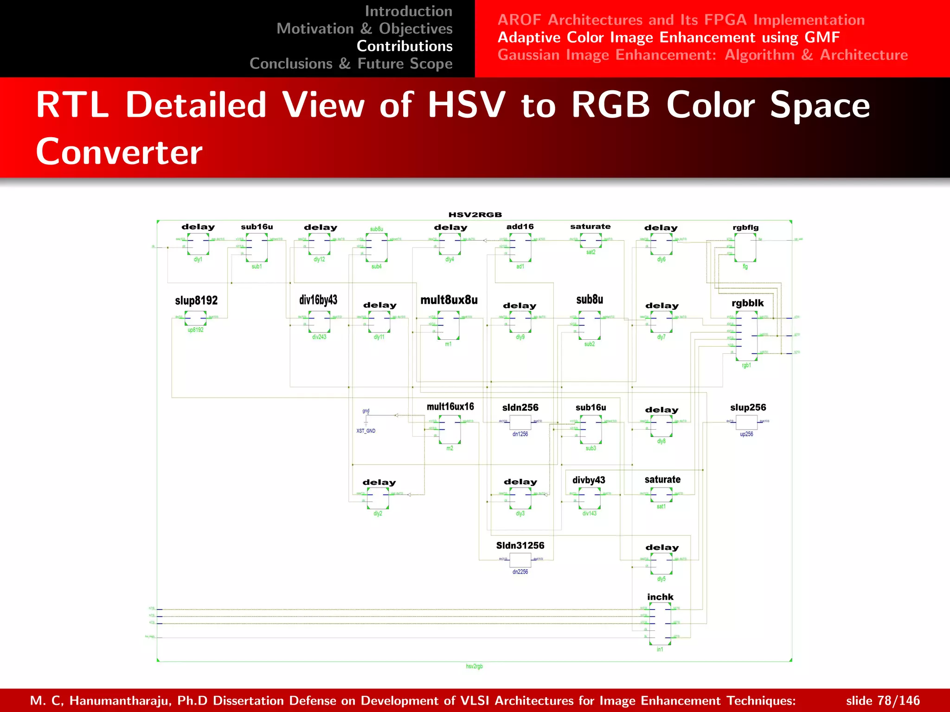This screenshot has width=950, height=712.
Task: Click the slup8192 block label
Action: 196,300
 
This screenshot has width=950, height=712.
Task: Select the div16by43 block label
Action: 318,300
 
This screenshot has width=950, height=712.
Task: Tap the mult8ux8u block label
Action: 449,300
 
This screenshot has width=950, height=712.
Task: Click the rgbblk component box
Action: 746,336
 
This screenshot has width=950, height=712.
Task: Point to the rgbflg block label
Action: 745,228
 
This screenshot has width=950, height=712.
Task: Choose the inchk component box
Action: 660,623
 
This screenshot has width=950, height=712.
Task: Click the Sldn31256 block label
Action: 520,546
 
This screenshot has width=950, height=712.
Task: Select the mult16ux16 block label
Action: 450,407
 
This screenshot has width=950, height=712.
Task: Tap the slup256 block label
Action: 748,407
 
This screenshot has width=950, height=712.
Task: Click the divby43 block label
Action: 589,480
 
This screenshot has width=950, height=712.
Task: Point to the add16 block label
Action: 520,227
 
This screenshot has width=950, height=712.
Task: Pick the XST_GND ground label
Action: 366,431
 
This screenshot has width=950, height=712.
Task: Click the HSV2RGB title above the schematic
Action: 475,215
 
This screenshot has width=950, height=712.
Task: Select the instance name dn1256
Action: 520,434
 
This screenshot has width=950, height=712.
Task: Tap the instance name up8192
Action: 195,330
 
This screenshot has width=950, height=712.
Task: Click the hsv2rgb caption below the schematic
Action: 474,667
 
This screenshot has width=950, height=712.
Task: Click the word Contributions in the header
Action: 404,46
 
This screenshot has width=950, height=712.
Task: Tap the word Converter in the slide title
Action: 119,152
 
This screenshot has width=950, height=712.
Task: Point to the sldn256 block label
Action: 520,407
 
